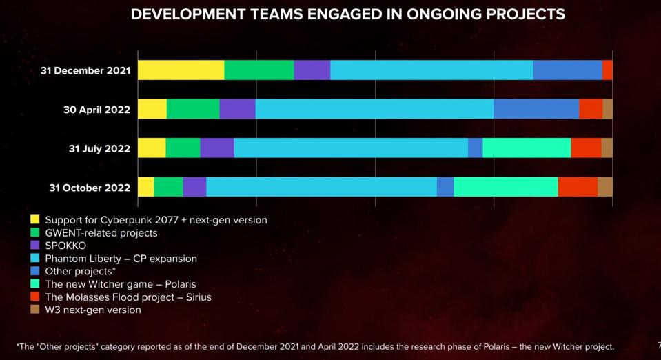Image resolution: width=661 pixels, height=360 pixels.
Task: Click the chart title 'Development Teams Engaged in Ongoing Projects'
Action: pos(347,14)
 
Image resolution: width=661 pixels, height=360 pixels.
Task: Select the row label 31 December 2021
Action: pos(85,70)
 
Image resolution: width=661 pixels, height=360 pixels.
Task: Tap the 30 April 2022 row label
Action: pos(96,110)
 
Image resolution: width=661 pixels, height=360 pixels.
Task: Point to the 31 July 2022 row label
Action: pos(99,148)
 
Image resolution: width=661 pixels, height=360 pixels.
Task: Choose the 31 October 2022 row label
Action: pos(90,188)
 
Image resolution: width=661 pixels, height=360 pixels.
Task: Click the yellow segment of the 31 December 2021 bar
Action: pos(181,70)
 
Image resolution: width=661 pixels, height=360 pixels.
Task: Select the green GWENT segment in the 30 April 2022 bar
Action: pos(193,109)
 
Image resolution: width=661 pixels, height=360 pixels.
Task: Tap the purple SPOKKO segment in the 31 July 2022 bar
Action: pos(217,148)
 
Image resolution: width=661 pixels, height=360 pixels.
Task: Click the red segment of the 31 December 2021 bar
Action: pos(607,70)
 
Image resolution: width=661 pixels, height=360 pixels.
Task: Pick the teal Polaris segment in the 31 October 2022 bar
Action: pos(505,187)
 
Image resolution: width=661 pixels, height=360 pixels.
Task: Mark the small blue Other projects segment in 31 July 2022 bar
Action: pos(475,148)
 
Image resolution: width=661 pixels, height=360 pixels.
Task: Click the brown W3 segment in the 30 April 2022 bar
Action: pos(607,109)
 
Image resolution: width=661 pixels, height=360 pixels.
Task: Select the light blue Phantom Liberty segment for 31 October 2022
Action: pos(321,187)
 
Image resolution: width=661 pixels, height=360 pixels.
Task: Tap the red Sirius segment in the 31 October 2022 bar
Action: pos(578,187)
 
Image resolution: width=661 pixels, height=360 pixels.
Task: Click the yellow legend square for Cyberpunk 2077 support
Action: pos(35,220)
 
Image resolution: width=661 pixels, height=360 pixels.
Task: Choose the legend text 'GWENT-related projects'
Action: pos(101,233)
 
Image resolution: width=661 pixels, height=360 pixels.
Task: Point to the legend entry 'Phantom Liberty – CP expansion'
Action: pos(121,259)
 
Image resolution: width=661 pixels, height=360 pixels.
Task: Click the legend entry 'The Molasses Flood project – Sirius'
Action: pos(128,297)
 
